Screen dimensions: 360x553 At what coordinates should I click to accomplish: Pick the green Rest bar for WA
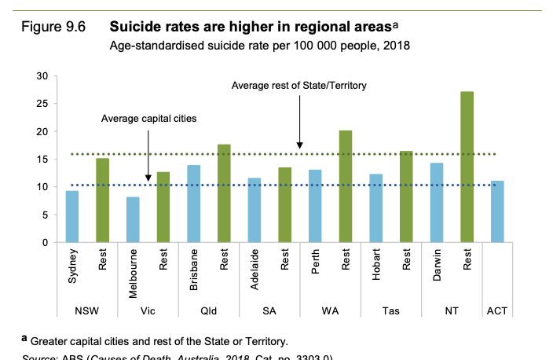(345, 186)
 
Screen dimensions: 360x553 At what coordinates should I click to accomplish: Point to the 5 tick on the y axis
(45, 215)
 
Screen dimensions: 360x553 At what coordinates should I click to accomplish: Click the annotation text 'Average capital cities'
(148, 118)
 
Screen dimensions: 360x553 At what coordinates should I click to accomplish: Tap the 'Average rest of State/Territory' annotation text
(299, 85)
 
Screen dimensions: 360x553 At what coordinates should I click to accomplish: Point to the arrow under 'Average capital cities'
(148, 153)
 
